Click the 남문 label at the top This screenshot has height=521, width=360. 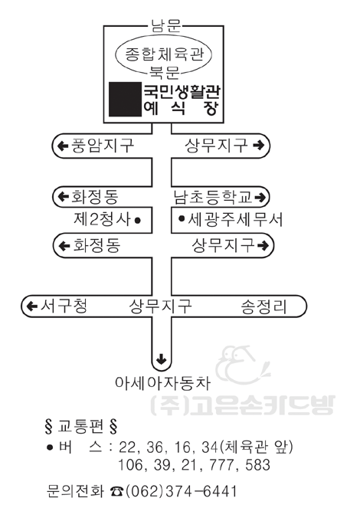pos(165,25)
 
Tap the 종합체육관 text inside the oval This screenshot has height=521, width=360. pos(164,54)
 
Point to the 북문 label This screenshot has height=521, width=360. pos(165,72)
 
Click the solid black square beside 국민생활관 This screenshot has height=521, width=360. pos(125,100)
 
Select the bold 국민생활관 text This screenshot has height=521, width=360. pos(182,92)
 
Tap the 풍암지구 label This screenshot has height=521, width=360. pos(103,146)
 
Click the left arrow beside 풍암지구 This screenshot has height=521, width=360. pos(63,146)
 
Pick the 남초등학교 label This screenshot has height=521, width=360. pos(213,197)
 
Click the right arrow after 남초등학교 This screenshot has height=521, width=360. pos(260,198)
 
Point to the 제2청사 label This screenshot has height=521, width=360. pos(103,219)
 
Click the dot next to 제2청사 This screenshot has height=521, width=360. pos(138,221)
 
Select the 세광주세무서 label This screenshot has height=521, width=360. pos(235,219)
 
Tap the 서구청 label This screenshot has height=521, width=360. pos(64,306)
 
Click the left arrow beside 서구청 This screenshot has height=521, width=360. pos(31,306)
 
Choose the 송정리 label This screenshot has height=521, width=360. pos(263,306)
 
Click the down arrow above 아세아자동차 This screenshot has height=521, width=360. pos(162,359)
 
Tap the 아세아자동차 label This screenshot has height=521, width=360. pos(162,383)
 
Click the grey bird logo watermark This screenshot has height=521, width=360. pos(243,365)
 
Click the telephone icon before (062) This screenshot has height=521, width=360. pos(116,491)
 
